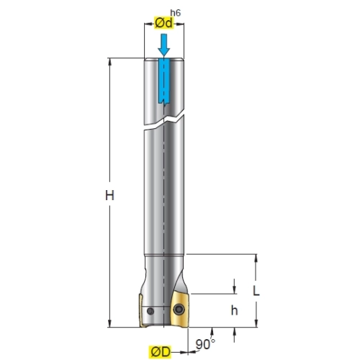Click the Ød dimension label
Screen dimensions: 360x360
(163, 23)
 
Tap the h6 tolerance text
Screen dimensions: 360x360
(175, 13)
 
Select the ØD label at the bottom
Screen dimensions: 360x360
(161, 352)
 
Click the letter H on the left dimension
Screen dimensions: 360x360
(109, 195)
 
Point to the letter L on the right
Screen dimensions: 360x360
(256, 291)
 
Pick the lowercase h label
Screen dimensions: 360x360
(234, 310)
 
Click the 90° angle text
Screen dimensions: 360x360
(205, 344)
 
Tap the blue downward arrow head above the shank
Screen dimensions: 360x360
(164, 52)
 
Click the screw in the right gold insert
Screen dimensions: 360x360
(179, 309)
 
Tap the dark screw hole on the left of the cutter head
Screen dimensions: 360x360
(150, 311)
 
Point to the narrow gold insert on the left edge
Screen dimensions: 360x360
(141, 310)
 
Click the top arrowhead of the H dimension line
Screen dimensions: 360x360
(110, 62)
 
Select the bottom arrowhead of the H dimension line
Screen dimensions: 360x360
(110, 323)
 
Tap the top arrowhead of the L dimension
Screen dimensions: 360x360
(256, 258)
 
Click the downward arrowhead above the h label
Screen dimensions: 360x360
(234, 289)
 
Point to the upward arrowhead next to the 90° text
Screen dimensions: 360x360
(212, 331)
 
